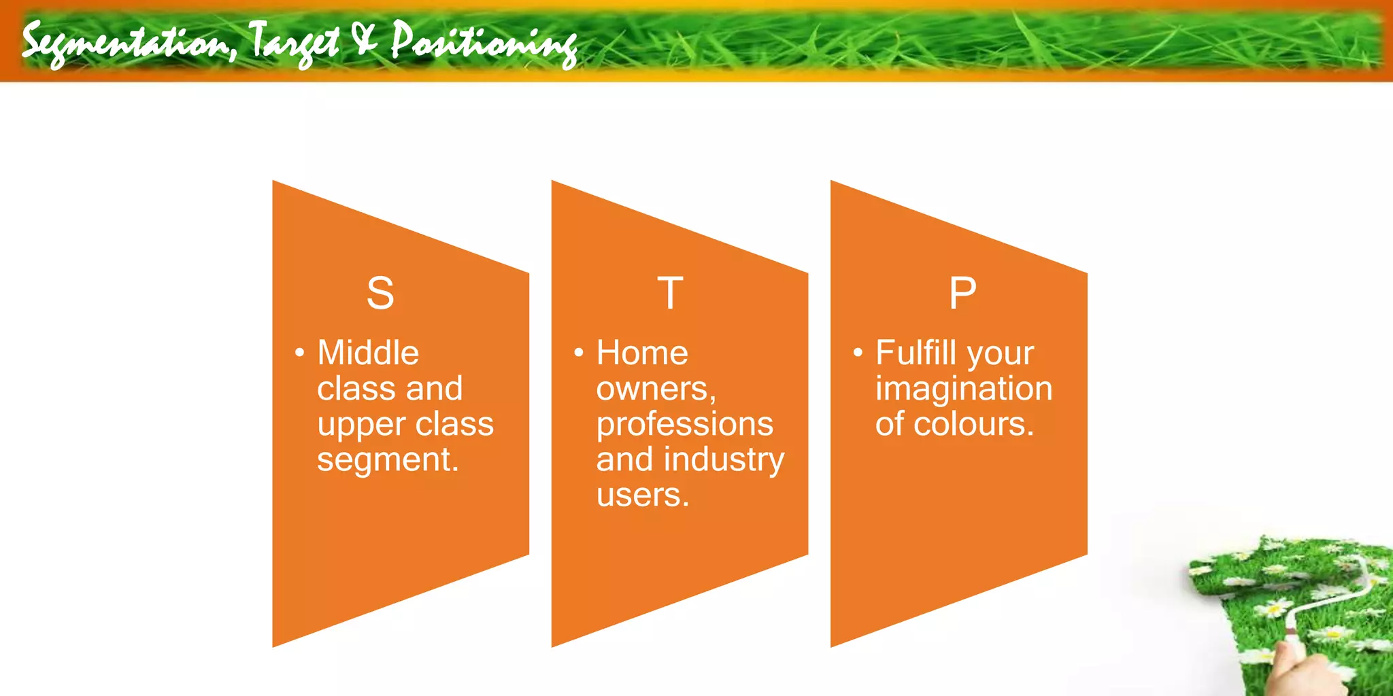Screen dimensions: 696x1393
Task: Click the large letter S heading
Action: point(380,294)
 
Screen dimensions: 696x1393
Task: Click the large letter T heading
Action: point(670,294)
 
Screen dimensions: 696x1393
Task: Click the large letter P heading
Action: point(962,294)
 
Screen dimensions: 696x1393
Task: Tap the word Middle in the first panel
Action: point(368,353)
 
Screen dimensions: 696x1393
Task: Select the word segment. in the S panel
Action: point(388,460)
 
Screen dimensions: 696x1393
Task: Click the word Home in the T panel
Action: point(642,353)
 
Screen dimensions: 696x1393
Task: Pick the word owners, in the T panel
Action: point(656,389)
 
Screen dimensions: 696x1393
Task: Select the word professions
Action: point(684,425)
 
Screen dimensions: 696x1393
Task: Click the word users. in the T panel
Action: point(643,495)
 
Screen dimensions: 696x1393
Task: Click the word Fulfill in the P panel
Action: point(916,353)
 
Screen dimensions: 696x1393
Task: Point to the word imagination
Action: point(963,389)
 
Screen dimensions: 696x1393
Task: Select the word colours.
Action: point(973,424)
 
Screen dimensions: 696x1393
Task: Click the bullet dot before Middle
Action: point(299,353)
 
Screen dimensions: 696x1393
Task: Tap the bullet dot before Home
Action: point(579,353)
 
